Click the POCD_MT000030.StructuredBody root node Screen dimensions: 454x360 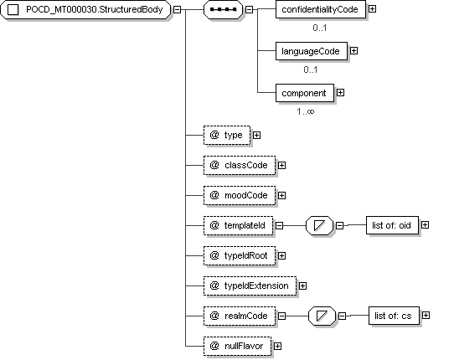pos(85,9)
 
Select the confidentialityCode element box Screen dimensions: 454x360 pos(321,9)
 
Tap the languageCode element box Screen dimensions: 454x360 pos(312,51)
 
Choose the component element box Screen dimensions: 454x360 pos(305,93)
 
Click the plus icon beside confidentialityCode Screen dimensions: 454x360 pos(373,9)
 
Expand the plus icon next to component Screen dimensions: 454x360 pos(340,93)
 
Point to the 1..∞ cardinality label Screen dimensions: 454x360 pos(305,111)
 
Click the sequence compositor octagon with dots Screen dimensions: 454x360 pos(223,9)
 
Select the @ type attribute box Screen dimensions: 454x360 pos(227,135)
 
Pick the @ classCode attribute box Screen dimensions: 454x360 pos(240,165)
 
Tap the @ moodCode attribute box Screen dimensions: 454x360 pos(240,195)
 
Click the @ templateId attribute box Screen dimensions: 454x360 pos(238,225)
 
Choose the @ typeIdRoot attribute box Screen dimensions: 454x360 pos(240,255)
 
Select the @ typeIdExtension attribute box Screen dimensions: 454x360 pos(250,285)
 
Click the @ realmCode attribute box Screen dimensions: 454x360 pos(240,316)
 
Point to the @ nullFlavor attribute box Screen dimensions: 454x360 pos(237,346)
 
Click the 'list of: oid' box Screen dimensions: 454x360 pos(392,225)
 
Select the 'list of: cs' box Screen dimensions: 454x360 pos(394,316)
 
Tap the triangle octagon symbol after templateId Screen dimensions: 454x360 pos(320,225)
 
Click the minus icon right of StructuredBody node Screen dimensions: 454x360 pos(178,9)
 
